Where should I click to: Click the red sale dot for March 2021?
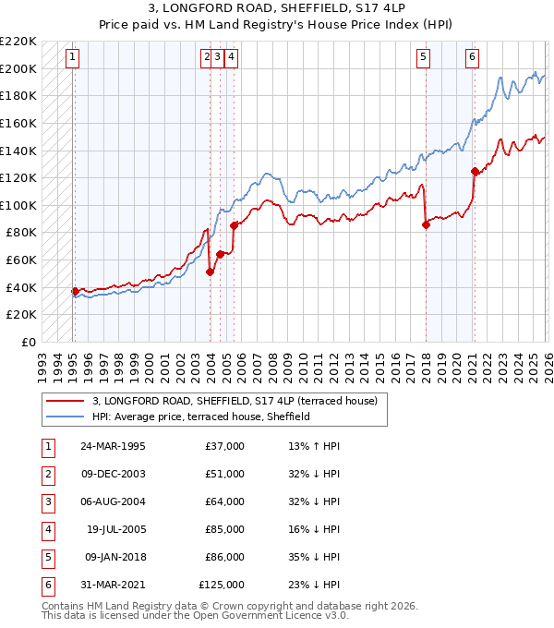(x=475, y=171)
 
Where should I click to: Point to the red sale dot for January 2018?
(x=426, y=224)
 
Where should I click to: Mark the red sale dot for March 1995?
(x=75, y=291)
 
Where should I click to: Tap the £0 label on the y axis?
(x=28, y=342)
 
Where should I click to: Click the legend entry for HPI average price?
(x=200, y=417)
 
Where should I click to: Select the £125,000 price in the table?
(x=222, y=585)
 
